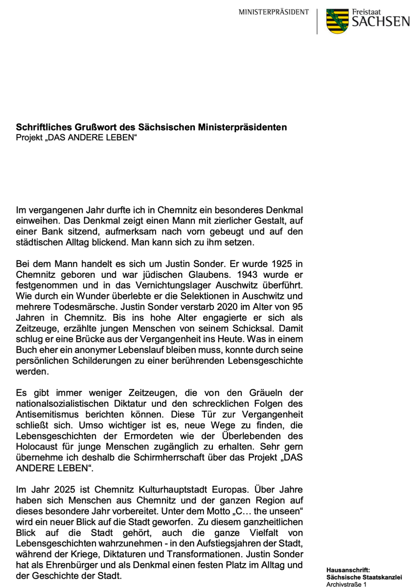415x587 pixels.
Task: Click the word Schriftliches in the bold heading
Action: pyautogui.click(x=41, y=128)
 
